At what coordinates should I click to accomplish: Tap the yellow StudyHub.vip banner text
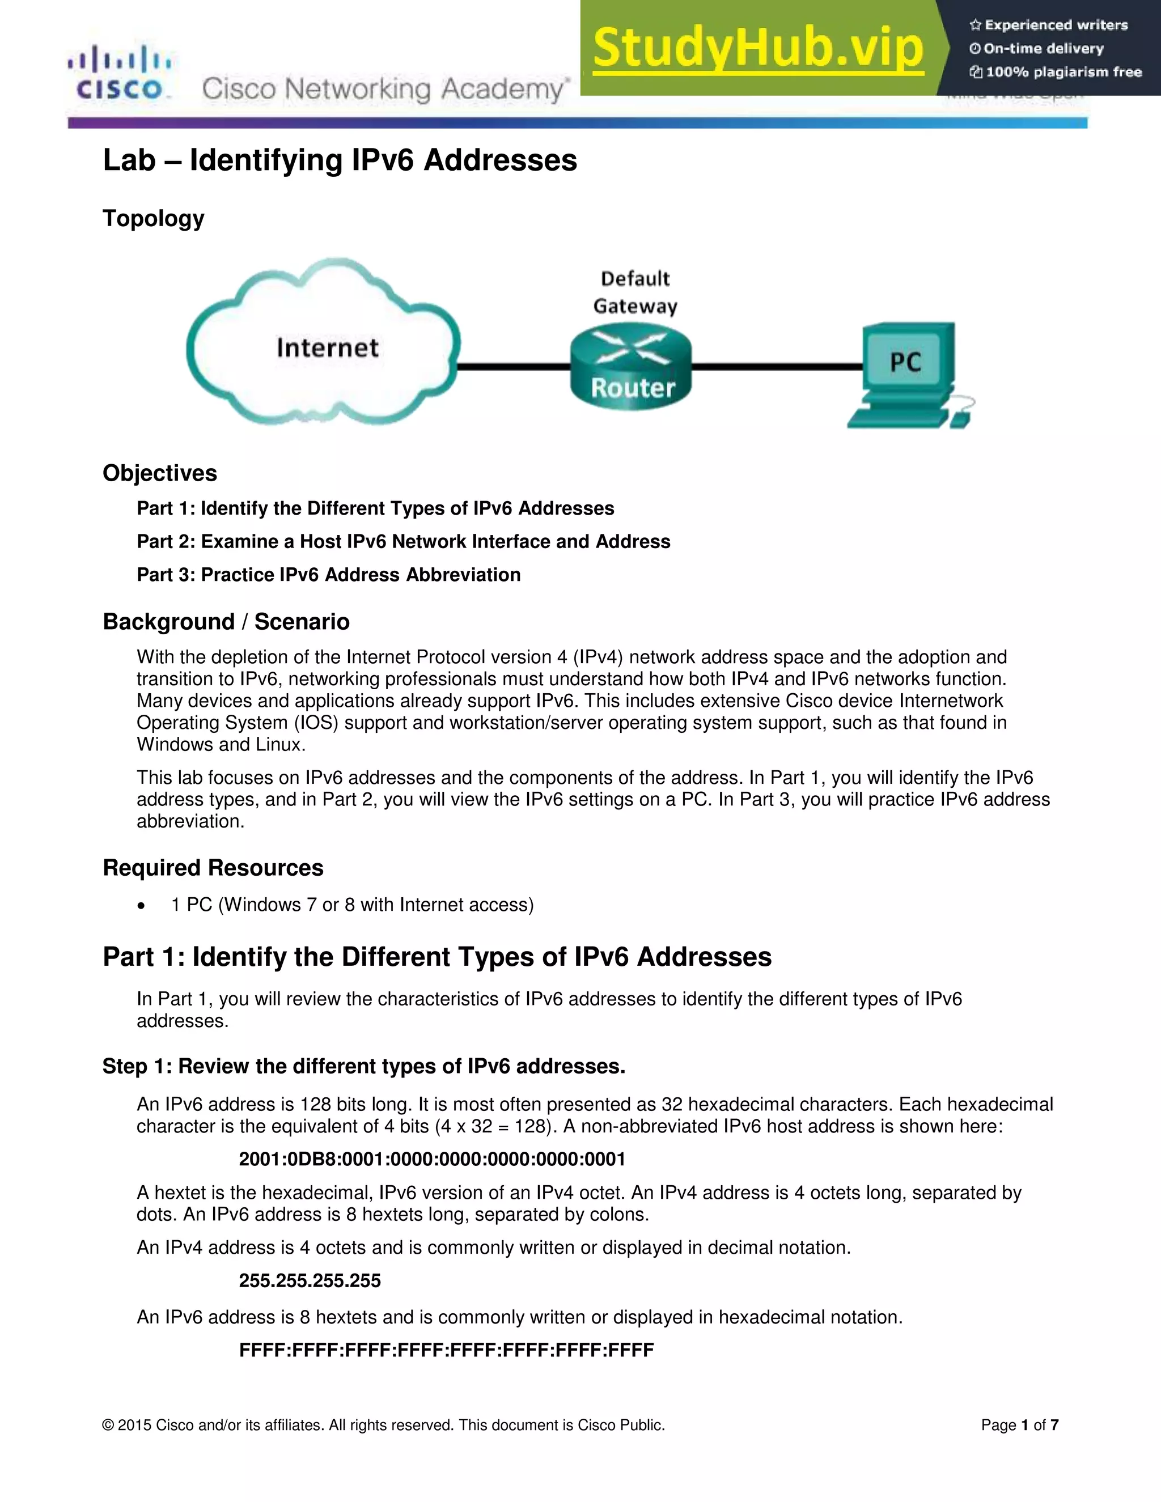758,48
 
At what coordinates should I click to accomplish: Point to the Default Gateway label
635,292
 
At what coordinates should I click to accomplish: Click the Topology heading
154,218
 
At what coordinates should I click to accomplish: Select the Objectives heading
159,473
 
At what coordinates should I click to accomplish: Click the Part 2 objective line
403,541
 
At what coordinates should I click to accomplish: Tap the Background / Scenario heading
226,622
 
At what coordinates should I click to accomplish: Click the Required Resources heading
213,868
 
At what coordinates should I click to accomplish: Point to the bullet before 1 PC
141,906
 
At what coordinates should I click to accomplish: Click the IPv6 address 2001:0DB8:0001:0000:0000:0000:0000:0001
432,1159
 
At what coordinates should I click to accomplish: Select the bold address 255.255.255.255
310,1280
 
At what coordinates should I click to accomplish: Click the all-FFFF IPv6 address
446,1350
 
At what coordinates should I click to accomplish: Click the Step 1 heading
364,1066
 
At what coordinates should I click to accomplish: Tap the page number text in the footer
1019,1425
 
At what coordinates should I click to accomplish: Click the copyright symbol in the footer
108,1425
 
